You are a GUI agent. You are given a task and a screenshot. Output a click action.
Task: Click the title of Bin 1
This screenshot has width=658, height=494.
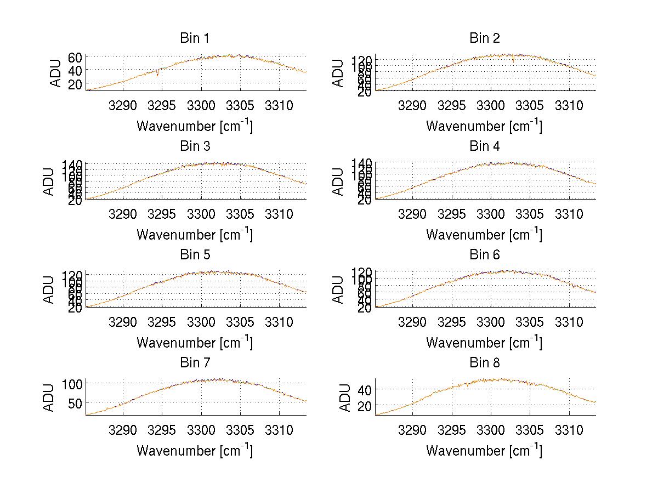195,38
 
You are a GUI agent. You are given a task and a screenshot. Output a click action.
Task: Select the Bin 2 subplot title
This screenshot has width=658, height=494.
485,38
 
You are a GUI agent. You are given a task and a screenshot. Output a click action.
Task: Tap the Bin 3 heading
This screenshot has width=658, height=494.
195,146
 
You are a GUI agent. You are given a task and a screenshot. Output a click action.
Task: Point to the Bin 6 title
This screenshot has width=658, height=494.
485,255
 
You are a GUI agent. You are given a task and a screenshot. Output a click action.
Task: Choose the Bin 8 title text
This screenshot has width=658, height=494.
485,363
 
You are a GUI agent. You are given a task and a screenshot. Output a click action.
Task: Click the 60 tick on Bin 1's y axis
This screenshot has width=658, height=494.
75,56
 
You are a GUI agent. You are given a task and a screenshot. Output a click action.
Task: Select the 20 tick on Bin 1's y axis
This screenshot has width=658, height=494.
75,83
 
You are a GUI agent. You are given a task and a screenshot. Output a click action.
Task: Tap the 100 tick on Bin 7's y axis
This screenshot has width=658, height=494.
72,383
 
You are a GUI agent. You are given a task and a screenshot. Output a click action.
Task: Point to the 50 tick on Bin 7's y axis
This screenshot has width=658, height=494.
75,402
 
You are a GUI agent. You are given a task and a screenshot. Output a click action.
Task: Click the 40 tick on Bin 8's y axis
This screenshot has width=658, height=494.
365,389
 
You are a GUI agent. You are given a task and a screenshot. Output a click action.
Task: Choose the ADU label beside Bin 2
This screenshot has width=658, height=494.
339,73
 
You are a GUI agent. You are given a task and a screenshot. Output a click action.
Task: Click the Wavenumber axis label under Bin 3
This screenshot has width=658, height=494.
195,234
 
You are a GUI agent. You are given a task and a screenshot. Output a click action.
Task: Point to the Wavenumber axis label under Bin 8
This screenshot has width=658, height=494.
485,451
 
